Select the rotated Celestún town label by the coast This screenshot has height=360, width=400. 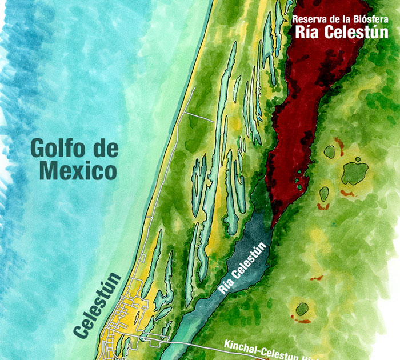click(x=99, y=305)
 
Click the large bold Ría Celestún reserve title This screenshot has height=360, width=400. click(x=342, y=32)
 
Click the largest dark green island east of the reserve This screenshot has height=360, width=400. click(x=355, y=172)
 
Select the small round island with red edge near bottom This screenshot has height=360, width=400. click(x=302, y=310)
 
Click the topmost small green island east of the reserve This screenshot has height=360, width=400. click(x=329, y=151)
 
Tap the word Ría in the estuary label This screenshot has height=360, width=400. click(x=227, y=285)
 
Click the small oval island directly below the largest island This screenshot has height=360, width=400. click(x=324, y=194)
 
